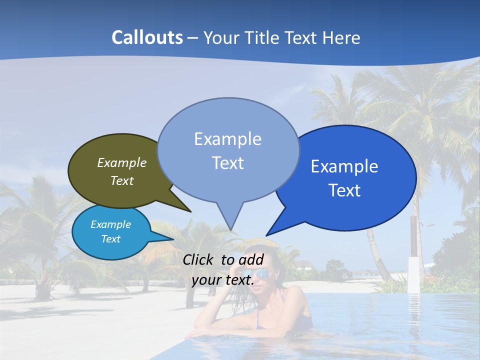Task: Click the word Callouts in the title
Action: (x=147, y=37)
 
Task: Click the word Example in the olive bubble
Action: (x=122, y=162)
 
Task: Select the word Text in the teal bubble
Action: (x=110, y=239)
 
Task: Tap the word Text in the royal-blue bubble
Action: (x=345, y=190)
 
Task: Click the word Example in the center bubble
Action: (x=227, y=138)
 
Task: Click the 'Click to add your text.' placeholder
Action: (x=223, y=270)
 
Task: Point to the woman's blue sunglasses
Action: (x=264, y=274)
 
